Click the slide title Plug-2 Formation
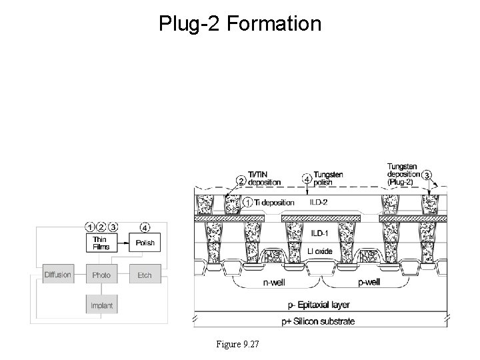click(240, 25)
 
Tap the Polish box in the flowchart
click(145, 243)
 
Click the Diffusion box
click(58, 275)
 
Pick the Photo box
click(102, 275)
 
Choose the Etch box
click(145, 275)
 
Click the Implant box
click(102, 306)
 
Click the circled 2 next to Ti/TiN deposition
click(241, 181)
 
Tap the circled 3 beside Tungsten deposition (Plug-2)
click(427, 175)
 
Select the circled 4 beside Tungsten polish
click(306, 179)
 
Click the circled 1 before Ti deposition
click(247, 201)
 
